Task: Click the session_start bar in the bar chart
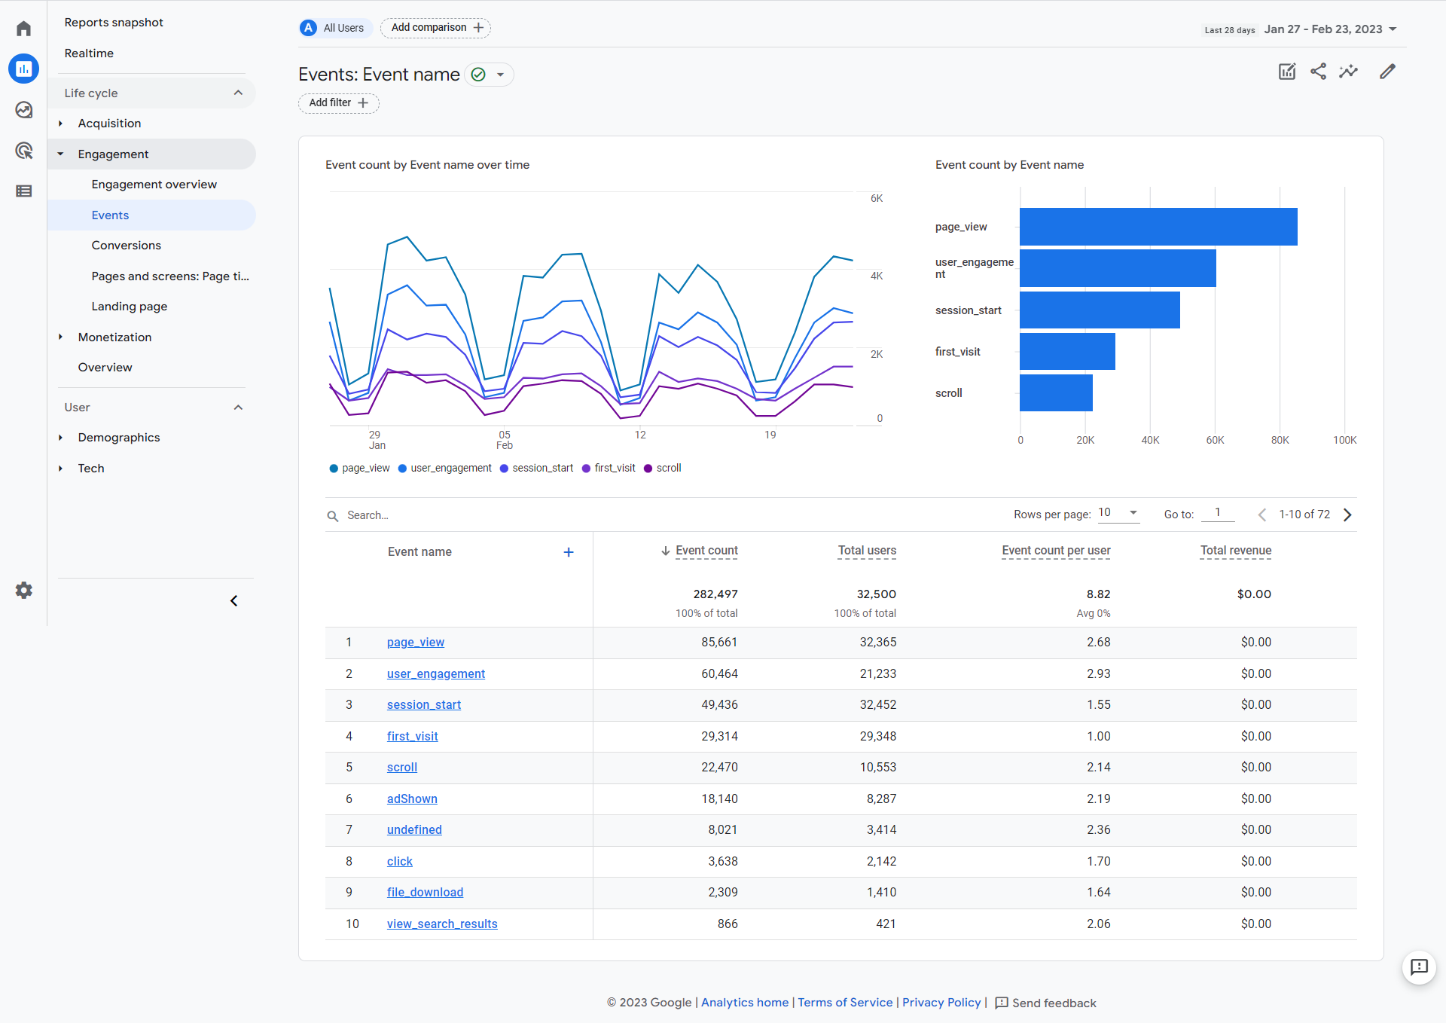1100,310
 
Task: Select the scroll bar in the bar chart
1056,392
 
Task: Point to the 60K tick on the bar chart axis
1215,440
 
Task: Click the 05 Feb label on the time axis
505,440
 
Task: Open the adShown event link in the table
412,799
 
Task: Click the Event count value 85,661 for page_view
718,642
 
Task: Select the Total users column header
867,551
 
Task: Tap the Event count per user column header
1056,551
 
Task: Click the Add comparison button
435,28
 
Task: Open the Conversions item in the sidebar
126,246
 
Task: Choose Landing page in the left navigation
129,307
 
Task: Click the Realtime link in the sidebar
89,53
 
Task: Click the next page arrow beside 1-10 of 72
1347,515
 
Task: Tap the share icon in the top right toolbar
1318,72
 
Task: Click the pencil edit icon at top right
1387,72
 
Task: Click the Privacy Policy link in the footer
941,1002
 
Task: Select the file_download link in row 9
425,892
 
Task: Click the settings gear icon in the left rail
24,590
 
